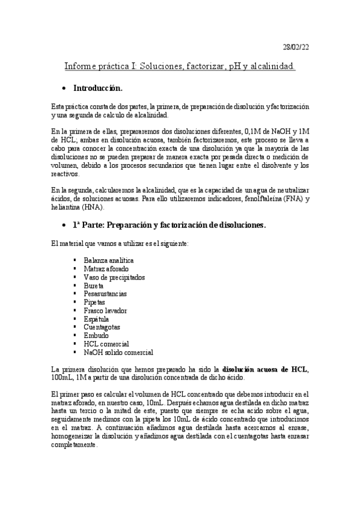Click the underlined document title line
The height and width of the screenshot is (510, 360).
coord(180,66)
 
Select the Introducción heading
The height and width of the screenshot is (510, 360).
coord(97,88)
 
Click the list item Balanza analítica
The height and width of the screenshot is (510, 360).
coord(109,260)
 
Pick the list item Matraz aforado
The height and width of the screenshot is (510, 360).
coord(106,268)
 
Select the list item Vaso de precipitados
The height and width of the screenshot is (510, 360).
coord(114,277)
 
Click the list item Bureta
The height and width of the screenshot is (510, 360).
coord(94,285)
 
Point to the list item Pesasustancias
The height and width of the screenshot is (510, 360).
coord(105,293)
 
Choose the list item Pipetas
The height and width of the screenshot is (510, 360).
coord(94,302)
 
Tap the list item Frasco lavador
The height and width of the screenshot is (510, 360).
coord(106,310)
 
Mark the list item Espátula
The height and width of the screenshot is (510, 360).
coord(97,319)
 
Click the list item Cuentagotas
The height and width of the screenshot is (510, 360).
coord(102,327)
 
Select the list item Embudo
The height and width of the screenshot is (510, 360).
coord(96,336)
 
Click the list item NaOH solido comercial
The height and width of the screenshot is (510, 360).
coord(118,352)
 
